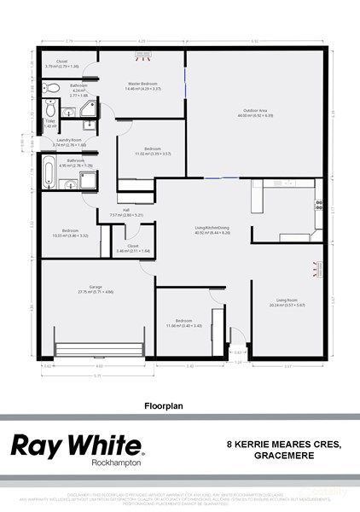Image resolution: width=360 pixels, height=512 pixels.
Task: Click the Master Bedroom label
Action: click(143, 84)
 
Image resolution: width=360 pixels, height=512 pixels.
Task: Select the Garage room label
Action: click(84, 288)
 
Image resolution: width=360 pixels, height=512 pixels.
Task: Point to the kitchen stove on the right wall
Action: click(319, 205)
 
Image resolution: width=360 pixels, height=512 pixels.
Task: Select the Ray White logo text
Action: click(75, 445)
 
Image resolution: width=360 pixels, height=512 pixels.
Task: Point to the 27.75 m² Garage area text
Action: click(84, 293)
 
